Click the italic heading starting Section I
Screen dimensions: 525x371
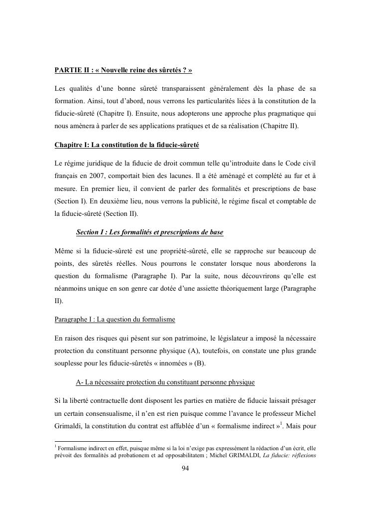pos(149,233)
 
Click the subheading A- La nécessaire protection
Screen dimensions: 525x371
pos(165,382)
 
